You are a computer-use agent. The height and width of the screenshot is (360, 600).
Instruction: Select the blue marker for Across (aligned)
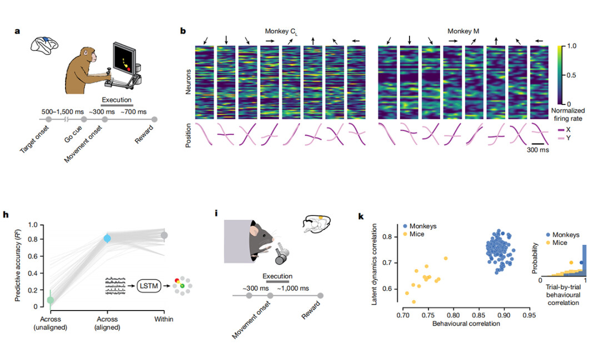(x=108, y=238)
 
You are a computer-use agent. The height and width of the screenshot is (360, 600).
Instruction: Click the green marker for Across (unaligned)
(x=51, y=301)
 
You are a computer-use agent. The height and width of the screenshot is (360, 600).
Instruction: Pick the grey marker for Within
(x=164, y=236)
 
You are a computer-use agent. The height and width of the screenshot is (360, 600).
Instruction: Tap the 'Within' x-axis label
(x=164, y=319)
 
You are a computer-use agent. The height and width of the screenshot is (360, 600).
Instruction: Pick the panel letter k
(x=361, y=214)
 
